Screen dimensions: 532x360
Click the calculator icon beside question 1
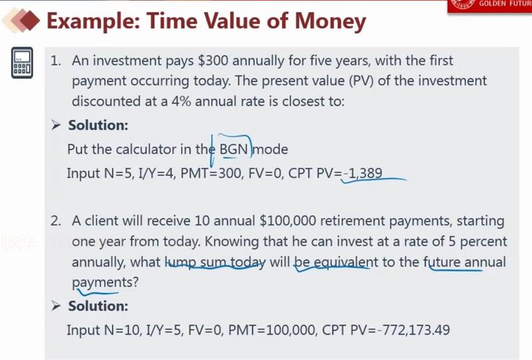[x=22, y=63]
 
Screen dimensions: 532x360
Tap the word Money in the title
[x=331, y=21]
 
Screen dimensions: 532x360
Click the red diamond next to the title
[x=29, y=21]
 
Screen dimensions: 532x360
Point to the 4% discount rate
[x=181, y=101]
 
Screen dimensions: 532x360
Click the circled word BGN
[x=234, y=149]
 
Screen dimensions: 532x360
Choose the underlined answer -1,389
[x=362, y=173]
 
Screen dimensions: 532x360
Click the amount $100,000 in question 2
[x=288, y=221]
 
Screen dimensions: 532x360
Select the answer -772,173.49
[x=414, y=330]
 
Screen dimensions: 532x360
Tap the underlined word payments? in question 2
[x=105, y=283]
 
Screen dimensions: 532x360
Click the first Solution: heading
[x=98, y=125]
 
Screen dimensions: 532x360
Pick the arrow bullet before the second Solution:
[x=56, y=306]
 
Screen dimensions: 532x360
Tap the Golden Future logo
[x=489, y=6]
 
